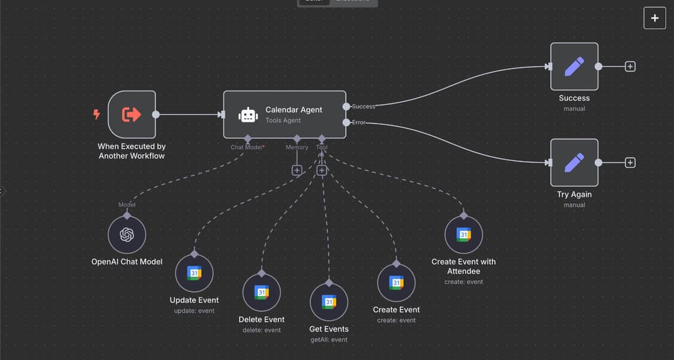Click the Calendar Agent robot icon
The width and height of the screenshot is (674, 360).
pos(248,115)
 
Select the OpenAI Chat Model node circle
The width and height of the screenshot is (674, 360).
pos(127,235)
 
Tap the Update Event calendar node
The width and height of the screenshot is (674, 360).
pos(194,273)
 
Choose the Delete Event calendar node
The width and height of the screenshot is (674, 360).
pos(261,293)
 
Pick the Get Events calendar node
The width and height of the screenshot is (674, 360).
pos(329,302)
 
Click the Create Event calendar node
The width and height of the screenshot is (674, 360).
pos(396,283)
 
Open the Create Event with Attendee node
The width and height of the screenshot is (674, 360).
pos(464,235)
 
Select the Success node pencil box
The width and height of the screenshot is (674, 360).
pos(574,66)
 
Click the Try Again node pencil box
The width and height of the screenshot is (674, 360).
pos(574,162)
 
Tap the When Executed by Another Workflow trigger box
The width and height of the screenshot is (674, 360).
pos(132,114)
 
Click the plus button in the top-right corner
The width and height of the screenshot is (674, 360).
pos(655,18)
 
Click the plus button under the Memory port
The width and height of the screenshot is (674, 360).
pos(297,170)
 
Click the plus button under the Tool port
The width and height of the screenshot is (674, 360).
pos(322,170)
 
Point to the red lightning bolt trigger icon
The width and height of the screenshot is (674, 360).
pos(97,114)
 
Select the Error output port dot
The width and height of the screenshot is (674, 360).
pos(347,122)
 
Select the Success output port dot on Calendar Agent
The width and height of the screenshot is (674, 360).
pos(347,106)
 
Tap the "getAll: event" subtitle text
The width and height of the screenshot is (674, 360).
pos(329,339)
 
